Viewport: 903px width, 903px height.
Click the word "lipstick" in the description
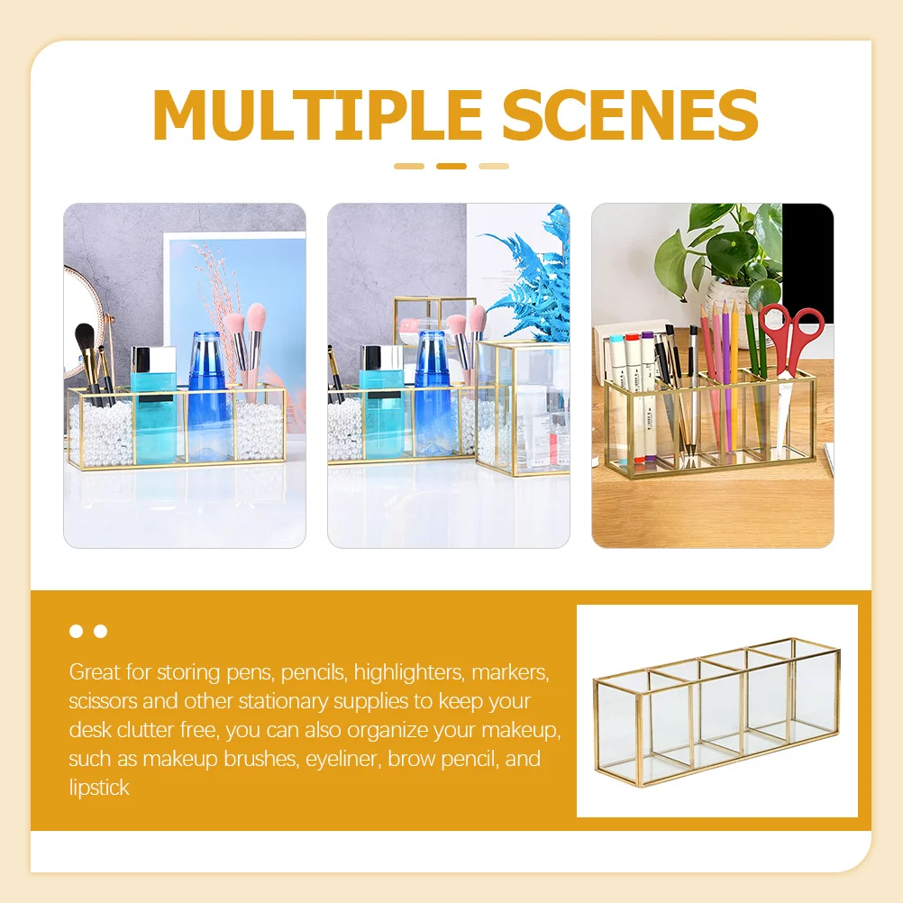pos(99,787)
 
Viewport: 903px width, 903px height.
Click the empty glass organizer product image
pos(716,712)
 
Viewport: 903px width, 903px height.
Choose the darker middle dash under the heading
pos(451,166)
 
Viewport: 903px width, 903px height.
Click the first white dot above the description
pos(76,631)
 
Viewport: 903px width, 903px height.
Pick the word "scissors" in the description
pos(104,700)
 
